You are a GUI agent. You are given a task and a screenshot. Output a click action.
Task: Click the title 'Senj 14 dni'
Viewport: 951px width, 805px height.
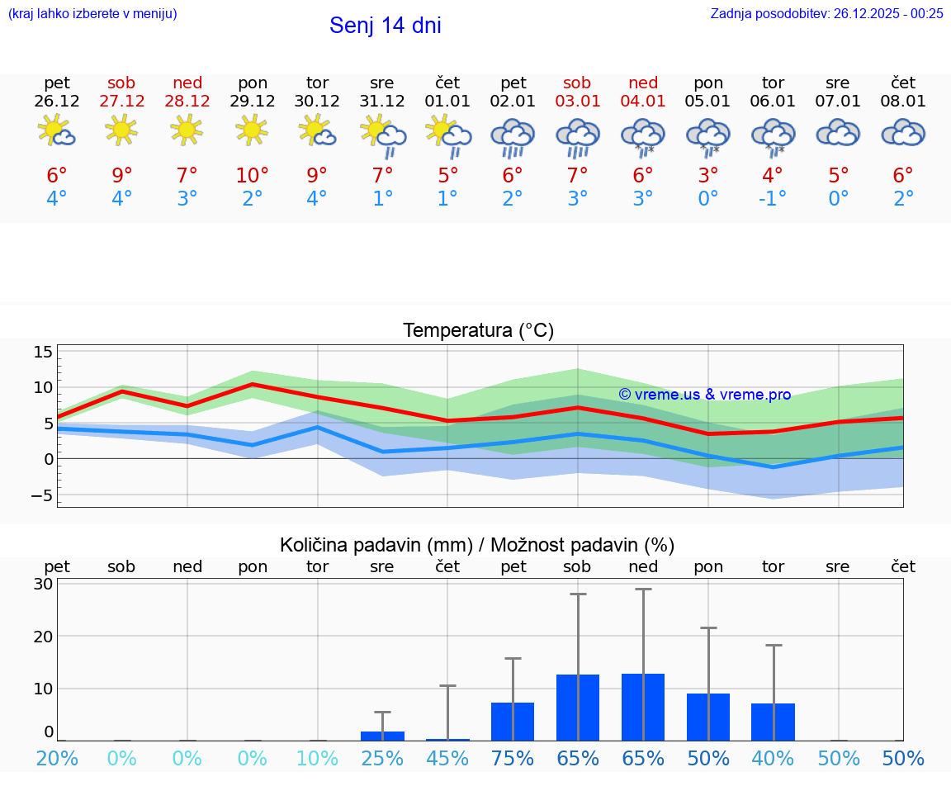385,26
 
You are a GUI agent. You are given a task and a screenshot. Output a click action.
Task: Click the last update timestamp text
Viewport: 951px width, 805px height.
826,13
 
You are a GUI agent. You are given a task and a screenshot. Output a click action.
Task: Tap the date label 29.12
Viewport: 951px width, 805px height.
253,102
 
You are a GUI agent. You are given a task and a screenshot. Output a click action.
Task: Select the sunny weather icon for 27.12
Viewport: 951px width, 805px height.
121,130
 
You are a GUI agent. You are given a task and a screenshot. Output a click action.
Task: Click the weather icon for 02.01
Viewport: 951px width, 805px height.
513,136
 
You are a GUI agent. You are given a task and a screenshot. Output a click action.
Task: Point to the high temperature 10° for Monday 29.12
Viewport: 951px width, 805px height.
253,176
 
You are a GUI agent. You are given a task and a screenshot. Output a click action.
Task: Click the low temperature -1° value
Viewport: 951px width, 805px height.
773,199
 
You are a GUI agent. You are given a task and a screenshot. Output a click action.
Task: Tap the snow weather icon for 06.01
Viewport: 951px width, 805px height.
773,136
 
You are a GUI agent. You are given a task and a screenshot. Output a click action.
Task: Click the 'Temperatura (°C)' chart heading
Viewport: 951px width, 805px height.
478,331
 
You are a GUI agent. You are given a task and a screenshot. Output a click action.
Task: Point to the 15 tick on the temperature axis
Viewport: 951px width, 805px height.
43,353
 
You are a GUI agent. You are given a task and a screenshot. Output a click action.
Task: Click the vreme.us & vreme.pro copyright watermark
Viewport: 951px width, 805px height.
704,395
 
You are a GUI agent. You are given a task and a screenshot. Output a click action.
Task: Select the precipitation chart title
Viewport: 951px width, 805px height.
477,545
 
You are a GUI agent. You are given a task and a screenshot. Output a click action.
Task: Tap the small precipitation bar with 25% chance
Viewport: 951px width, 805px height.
382,736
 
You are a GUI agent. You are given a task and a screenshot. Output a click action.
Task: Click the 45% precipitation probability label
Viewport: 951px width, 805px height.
447,759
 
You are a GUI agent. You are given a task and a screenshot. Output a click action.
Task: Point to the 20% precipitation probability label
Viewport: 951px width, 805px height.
57,759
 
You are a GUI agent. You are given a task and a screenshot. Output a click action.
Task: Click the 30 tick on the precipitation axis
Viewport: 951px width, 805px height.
43,584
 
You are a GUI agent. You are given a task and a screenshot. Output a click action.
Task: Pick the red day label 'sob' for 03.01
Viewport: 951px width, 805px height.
577,83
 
